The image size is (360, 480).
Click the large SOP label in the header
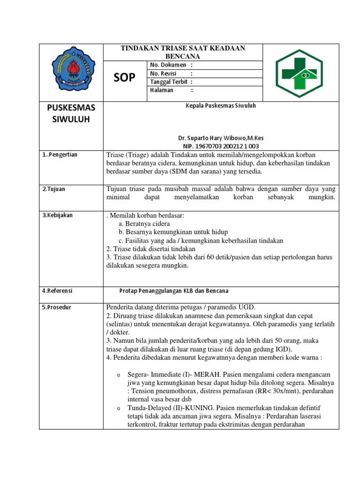point(124,78)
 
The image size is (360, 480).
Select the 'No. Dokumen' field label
point(168,65)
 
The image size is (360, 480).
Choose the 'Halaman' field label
point(162,90)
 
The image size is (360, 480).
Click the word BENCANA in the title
point(183,56)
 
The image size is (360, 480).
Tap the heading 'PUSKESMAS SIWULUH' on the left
point(71,113)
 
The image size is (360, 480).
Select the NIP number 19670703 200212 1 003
point(221,146)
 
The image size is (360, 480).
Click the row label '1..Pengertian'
point(60,155)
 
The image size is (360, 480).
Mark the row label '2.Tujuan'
point(54,189)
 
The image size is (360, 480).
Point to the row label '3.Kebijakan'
point(57,215)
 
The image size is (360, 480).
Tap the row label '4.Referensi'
point(57,291)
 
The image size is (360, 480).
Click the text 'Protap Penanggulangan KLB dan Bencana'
point(173,291)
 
